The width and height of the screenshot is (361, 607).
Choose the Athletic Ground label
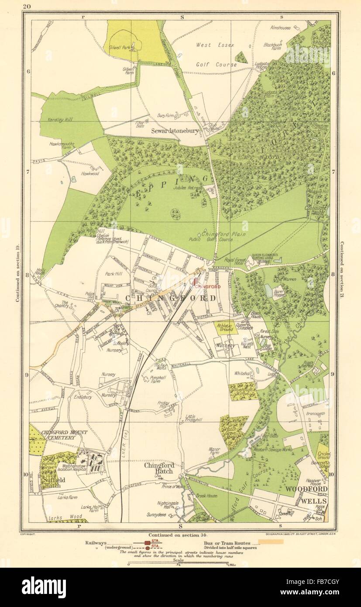click(226, 327)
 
